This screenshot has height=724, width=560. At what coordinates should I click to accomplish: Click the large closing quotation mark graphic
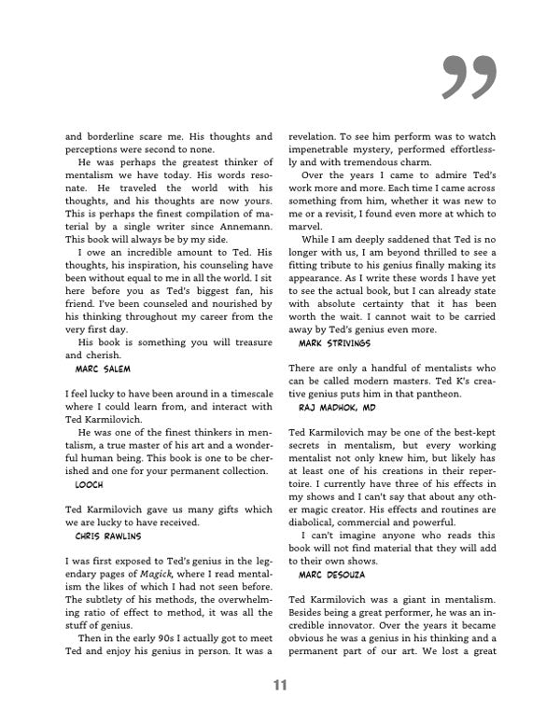click(470, 77)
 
